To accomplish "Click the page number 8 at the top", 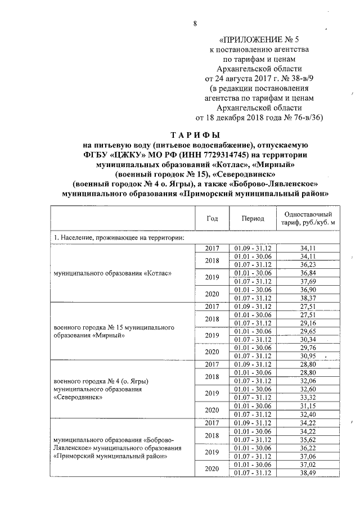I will click(195, 23).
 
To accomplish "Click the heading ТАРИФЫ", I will click(195, 135).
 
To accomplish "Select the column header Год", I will click(212, 219).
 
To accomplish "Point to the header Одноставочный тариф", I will click(305, 219).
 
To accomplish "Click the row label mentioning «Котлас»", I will click(112, 273).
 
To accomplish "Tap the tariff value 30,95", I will click(306, 356).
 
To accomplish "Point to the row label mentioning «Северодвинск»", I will click(85, 389).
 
